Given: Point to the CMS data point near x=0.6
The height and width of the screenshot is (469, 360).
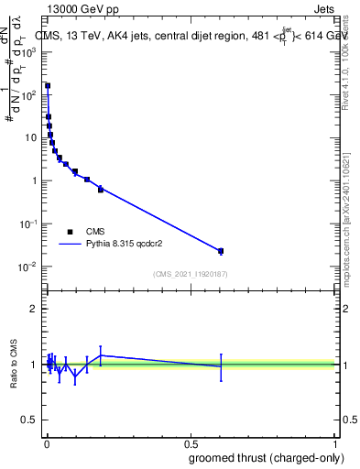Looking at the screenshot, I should point(221,251).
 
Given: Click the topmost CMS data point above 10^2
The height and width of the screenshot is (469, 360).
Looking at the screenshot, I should point(48,86).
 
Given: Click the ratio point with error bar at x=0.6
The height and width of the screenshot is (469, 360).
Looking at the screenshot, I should point(221,366).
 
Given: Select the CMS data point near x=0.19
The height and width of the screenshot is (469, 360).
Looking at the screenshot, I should point(101,189).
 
